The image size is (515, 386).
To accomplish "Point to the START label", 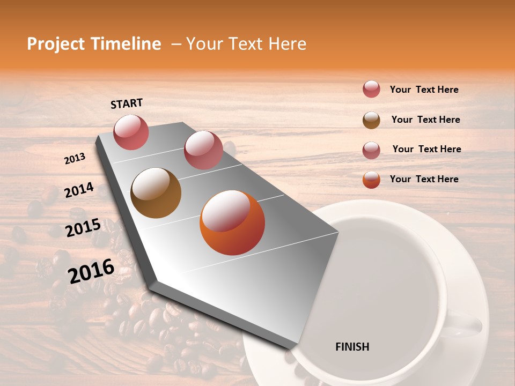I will (x=127, y=103).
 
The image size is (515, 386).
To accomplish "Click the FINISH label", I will (x=352, y=347).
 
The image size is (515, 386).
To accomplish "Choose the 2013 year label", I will (x=75, y=159).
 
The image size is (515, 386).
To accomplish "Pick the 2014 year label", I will (x=79, y=190).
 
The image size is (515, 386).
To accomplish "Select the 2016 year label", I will (x=91, y=271).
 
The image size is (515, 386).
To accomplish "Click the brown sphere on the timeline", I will (x=156, y=193).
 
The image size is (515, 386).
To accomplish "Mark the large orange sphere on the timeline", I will (x=232, y=222).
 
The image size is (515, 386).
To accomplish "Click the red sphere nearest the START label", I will (x=131, y=132).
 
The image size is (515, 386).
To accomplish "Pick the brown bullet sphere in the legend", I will (x=371, y=120).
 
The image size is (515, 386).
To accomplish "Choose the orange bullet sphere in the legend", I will (x=371, y=180).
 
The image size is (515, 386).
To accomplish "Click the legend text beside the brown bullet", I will (x=425, y=120).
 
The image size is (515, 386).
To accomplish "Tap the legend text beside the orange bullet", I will (x=424, y=179).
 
